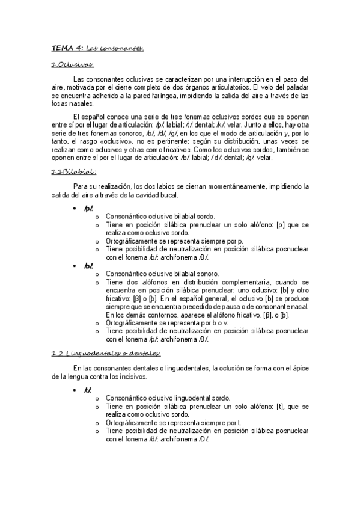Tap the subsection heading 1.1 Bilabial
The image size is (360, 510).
[75, 171]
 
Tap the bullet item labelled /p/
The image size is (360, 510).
[88, 208]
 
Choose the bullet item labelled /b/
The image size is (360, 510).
[88, 265]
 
